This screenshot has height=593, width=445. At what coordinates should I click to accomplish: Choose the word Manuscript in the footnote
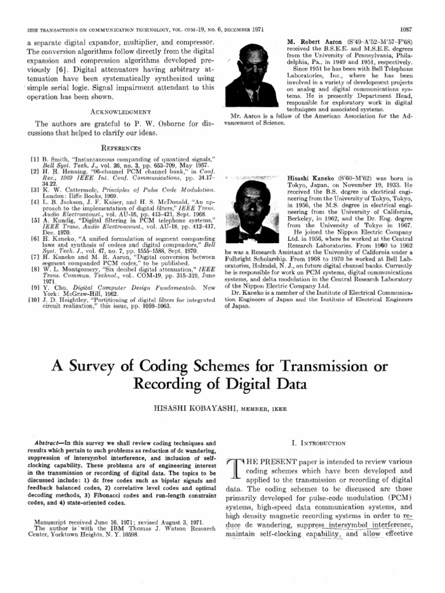coord(54,522)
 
